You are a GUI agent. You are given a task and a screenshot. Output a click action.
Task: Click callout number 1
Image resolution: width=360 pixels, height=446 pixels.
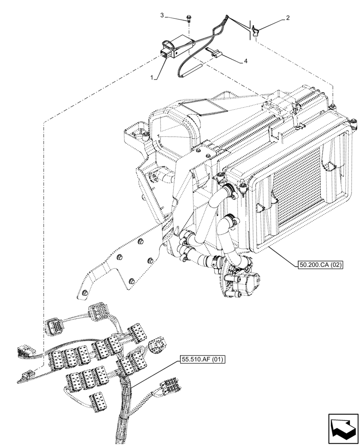[x=152, y=78]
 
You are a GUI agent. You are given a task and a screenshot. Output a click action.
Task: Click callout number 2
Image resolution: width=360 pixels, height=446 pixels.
[x=288, y=18]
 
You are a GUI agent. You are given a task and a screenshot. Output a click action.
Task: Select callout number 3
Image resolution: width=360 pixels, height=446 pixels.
[x=163, y=16]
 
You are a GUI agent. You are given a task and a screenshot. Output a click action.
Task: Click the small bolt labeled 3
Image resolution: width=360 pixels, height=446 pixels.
[x=188, y=18]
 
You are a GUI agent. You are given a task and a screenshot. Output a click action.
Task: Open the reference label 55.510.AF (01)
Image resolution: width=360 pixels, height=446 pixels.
[x=203, y=359]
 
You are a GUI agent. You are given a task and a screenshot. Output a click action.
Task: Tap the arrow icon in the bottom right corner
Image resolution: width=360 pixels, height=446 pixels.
[x=343, y=429]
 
